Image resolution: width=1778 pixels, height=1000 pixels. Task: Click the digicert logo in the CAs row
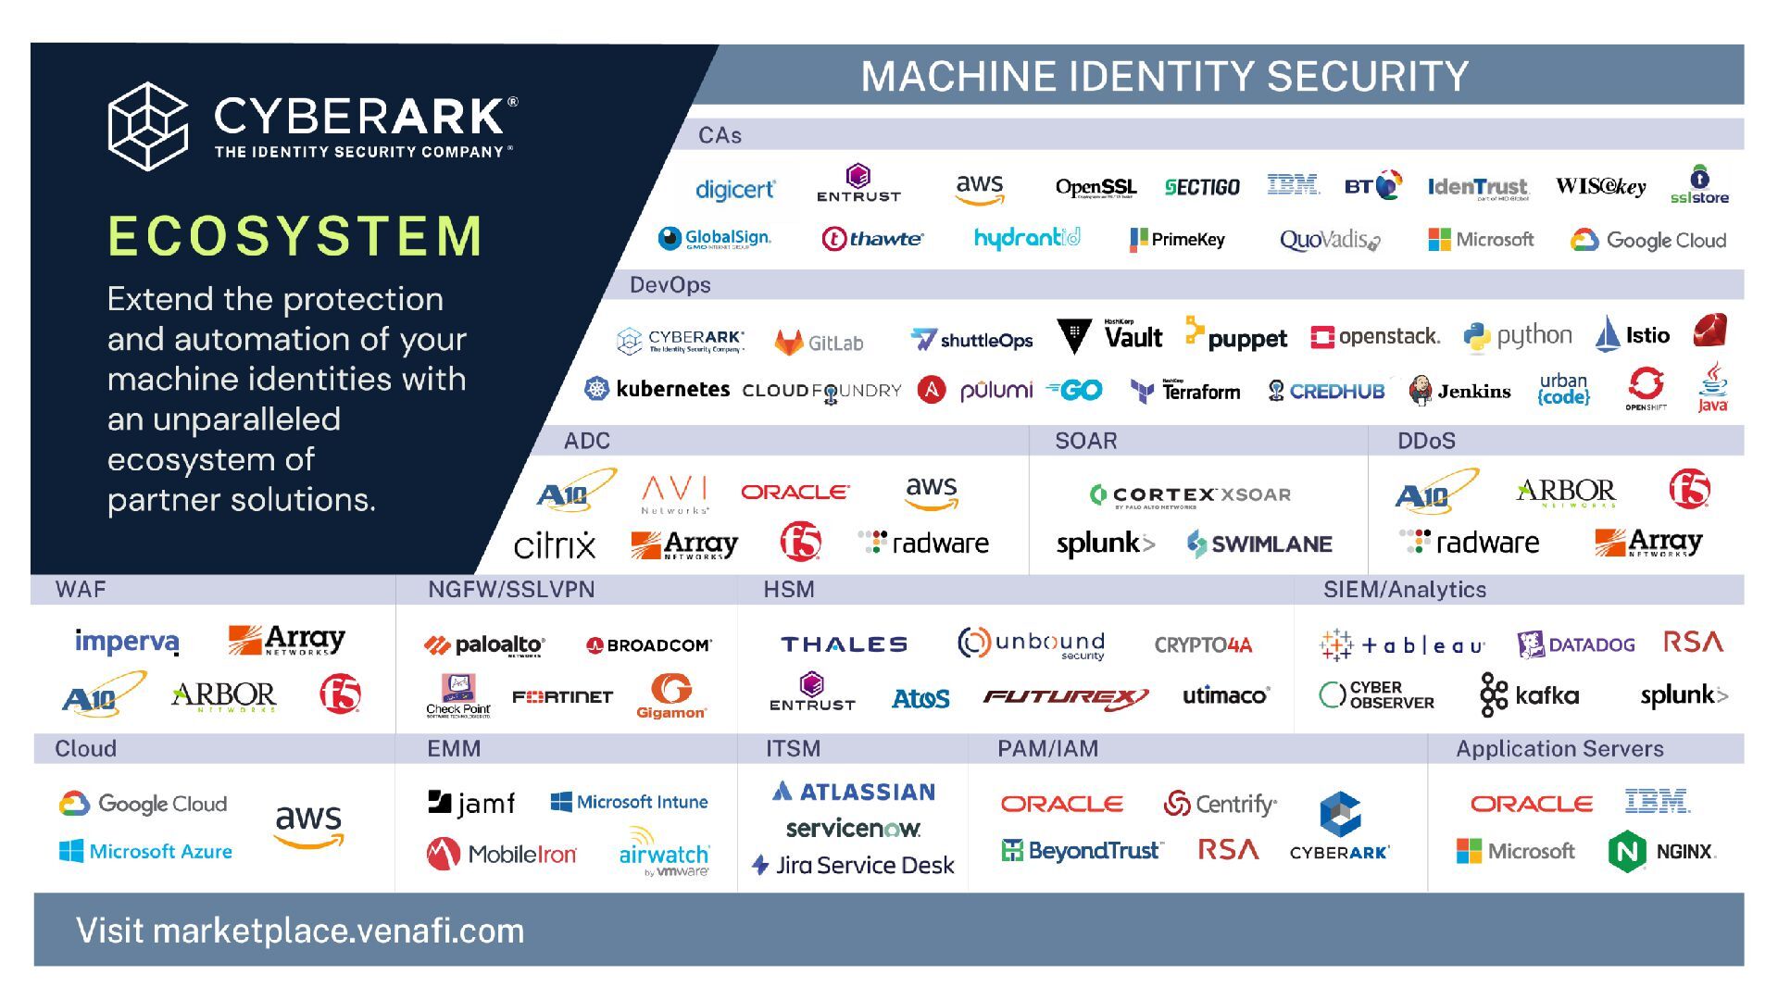click(x=734, y=190)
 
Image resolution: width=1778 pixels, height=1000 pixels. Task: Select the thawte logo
click(x=872, y=239)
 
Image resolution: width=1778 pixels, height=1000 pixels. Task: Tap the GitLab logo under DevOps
click(x=819, y=343)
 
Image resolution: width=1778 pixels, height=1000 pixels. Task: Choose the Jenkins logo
click(x=1459, y=391)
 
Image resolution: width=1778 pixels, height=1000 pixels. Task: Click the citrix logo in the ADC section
click(x=555, y=544)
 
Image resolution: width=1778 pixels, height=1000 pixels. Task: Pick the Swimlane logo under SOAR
click(x=1259, y=544)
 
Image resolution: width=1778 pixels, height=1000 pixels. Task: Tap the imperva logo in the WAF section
click(x=127, y=641)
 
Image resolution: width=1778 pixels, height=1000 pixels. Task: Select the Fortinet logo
click(x=562, y=696)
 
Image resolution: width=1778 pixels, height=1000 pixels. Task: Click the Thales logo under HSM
click(x=844, y=644)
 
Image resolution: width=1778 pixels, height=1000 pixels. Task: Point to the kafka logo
click(x=1530, y=695)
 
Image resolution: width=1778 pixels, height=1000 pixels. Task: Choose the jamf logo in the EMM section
click(x=471, y=803)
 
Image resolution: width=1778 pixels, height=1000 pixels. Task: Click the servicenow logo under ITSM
click(x=853, y=828)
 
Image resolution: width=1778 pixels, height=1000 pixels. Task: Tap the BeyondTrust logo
click(x=1082, y=850)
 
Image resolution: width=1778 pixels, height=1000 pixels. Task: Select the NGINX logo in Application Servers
click(x=1662, y=851)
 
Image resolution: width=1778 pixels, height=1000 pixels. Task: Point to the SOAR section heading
click(x=1085, y=441)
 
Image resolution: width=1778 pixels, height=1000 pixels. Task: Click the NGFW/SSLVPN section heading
click(x=511, y=590)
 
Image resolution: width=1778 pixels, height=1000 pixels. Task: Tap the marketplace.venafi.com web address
click(x=338, y=931)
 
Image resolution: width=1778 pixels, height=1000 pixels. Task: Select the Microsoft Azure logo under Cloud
click(x=145, y=851)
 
